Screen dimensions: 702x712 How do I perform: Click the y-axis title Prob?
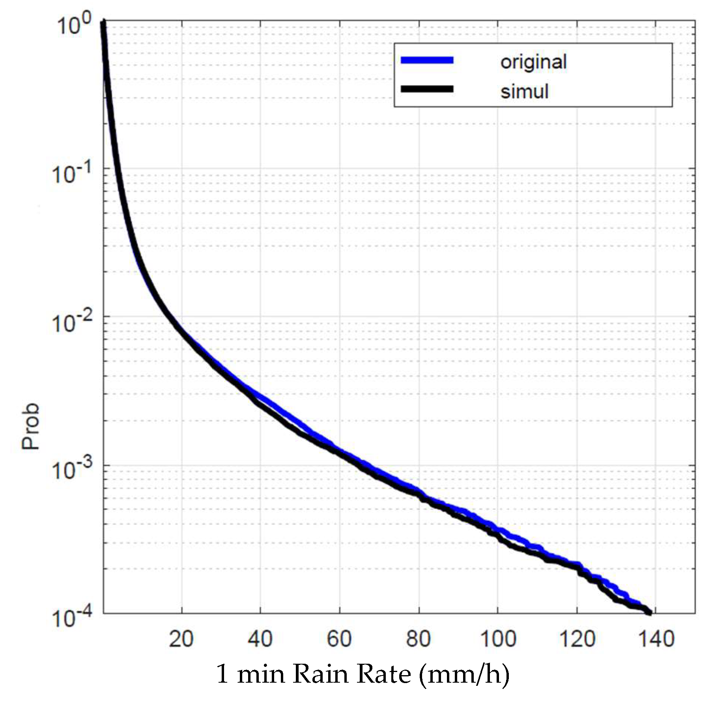tap(31, 426)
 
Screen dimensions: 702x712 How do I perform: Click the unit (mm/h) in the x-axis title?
tap(464, 674)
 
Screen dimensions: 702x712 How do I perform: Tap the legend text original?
tap(533, 62)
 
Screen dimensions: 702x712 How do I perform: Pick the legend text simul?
tap(524, 92)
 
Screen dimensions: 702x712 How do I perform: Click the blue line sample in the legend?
tap(427, 60)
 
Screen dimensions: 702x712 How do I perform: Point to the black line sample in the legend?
tap(427, 89)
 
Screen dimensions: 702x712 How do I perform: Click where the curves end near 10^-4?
tap(649, 612)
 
